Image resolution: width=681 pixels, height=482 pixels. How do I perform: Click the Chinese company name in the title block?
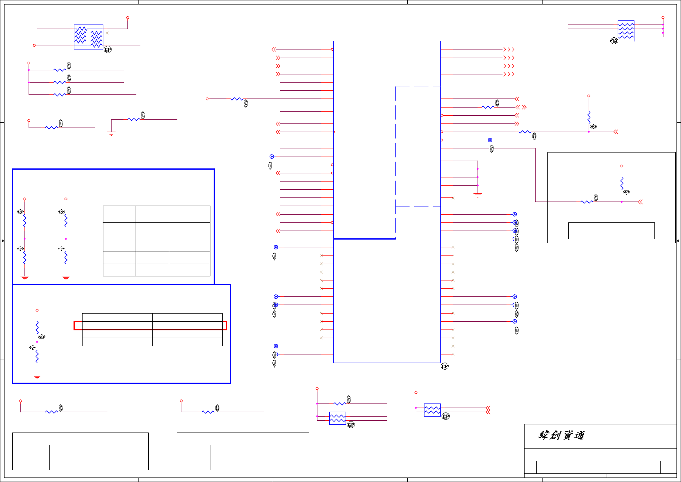click(x=561, y=435)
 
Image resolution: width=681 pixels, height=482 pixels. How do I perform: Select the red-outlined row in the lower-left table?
click(x=150, y=325)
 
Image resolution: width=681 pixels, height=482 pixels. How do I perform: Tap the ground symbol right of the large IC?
click(x=478, y=195)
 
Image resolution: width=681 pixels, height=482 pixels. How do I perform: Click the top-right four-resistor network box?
click(x=626, y=31)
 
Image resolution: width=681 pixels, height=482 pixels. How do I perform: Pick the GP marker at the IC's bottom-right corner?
click(x=445, y=366)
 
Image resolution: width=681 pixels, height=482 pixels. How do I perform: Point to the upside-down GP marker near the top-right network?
click(x=614, y=41)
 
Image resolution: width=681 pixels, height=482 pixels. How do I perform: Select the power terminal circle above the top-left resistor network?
click(x=127, y=18)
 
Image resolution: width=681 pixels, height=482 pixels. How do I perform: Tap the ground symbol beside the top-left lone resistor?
click(x=111, y=133)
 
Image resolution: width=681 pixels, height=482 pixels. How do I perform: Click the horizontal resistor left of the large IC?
click(x=237, y=99)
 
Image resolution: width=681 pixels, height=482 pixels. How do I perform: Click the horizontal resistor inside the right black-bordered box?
click(x=586, y=202)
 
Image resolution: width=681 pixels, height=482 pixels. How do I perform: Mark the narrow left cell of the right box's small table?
click(x=581, y=231)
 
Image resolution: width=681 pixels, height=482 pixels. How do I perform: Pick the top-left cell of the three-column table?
click(x=119, y=214)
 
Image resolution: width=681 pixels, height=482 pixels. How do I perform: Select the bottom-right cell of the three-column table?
click(x=190, y=270)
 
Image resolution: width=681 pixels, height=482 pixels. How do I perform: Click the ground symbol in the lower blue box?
click(x=37, y=377)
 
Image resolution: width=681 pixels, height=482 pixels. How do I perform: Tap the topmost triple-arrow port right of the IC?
click(x=509, y=49)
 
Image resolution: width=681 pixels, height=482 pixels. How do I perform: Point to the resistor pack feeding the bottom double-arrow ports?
click(x=432, y=410)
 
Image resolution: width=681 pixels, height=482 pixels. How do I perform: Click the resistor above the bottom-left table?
click(x=51, y=412)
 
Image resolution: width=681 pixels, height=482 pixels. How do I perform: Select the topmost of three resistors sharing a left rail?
click(x=60, y=70)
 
